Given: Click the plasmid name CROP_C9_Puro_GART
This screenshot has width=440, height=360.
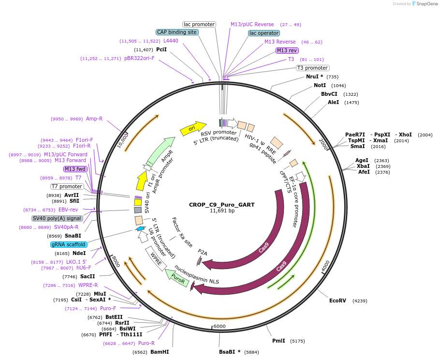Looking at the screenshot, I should pyautogui.click(x=222, y=205).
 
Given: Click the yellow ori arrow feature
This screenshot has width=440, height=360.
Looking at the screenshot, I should pyautogui.click(x=193, y=129).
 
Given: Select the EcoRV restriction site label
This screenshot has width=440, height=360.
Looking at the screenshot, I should pyautogui.click(x=337, y=300).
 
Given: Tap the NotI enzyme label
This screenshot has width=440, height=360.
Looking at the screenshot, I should pyautogui.click(x=320, y=85).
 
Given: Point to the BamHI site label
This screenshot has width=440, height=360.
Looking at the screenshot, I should pyautogui.click(x=159, y=352).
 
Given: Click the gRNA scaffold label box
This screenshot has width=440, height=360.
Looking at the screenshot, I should pyautogui.click(x=69, y=244).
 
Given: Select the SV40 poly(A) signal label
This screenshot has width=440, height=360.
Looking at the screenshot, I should pyautogui.click(x=57, y=218).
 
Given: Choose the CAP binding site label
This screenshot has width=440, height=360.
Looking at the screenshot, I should pyautogui.click(x=177, y=32).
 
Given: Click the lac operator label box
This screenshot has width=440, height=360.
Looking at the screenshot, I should pyautogui.click(x=264, y=33).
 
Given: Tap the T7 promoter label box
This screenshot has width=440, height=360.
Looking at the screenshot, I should pyautogui.click(x=67, y=186).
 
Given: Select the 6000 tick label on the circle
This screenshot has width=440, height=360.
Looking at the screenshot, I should pyautogui.click(x=220, y=326).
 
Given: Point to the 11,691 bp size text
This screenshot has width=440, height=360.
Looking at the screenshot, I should pyautogui.click(x=222, y=211).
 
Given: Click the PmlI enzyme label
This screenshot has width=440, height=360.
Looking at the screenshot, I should pyautogui.click(x=279, y=341).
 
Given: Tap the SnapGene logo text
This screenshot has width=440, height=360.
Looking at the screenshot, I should pyautogui.click(x=425, y=3).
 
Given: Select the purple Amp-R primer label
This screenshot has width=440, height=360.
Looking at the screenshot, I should pyautogui.click(x=94, y=119).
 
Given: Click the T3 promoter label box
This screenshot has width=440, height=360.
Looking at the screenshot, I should pyautogui.click(x=312, y=68).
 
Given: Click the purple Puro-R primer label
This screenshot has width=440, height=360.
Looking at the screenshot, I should pyautogui.click(x=146, y=343).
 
